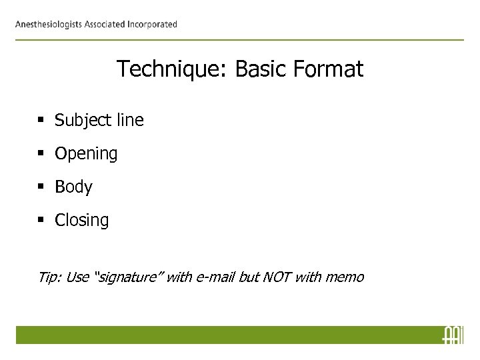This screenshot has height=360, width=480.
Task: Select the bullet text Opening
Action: (86, 154)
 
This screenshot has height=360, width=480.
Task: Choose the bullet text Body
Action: (73, 187)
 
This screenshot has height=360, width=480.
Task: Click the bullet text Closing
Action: (81, 221)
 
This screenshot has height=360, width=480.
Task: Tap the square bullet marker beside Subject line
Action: (42, 121)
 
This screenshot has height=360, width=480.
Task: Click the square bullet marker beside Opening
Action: (42, 155)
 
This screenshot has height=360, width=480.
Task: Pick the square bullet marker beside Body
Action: (42, 187)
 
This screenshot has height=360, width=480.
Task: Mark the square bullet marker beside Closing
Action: (42, 221)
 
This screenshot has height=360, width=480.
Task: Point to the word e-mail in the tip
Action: (213, 276)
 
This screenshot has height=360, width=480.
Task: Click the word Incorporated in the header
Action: (150, 25)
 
